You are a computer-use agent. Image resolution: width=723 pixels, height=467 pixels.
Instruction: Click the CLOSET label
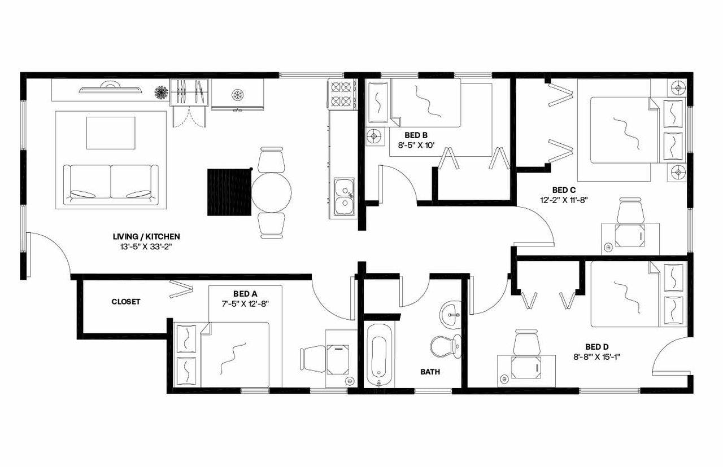click(125, 302)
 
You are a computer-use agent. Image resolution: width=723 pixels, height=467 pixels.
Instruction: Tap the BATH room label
click(430, 372)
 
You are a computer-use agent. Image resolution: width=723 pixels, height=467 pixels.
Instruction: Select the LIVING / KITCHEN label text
click(146, 237)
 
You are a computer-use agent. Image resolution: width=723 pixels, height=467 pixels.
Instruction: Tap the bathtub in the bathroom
click(378, 354)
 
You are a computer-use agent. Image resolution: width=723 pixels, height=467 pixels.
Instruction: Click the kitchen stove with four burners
click(342, 94)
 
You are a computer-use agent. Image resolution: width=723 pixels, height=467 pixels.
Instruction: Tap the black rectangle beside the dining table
click(229, 192)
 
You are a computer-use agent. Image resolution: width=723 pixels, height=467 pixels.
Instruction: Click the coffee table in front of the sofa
click(111, 133)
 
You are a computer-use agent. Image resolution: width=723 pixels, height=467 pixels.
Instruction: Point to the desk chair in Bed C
click(630, 211)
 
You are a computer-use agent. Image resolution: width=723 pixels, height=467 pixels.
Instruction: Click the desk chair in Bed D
click(526, 342)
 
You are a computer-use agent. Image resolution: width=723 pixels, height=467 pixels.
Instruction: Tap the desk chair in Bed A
click(313, 359)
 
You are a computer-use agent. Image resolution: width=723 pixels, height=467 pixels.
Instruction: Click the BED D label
click(596, 347)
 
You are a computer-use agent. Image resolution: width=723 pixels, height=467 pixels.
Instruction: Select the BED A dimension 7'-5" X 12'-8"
click(245, 303)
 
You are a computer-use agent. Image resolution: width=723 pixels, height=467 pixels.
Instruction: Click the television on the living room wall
click(109, 89)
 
